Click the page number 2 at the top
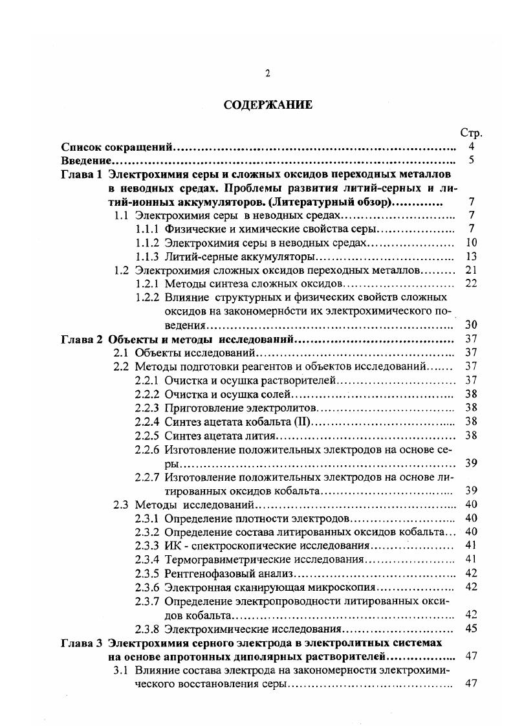coord(267,73)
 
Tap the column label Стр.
coord(471,133)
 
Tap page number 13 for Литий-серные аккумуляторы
coord(471,256)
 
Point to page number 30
coord(471,325)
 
